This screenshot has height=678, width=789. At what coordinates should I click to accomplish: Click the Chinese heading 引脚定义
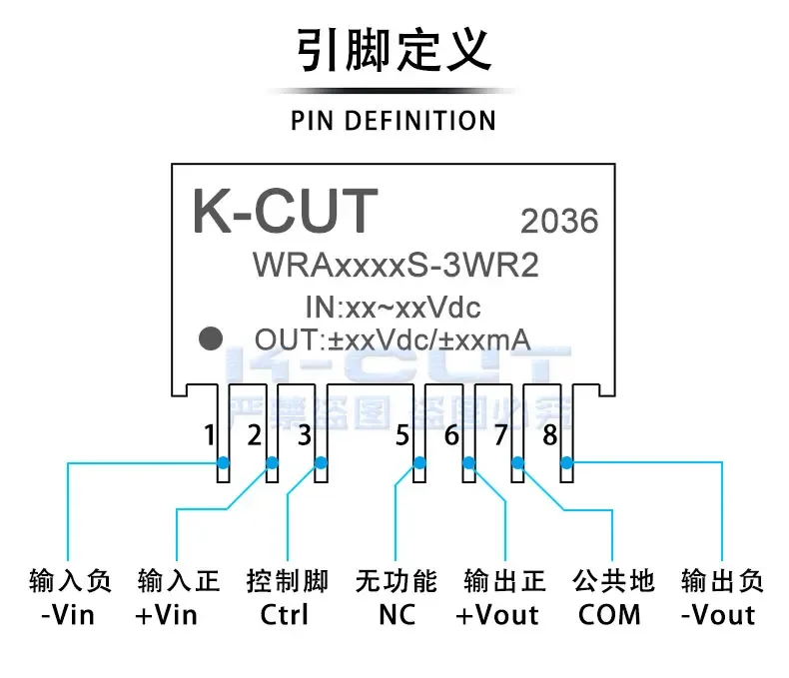394,50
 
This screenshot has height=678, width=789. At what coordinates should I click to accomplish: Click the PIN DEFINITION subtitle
394,121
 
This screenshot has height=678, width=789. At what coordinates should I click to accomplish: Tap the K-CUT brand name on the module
285,212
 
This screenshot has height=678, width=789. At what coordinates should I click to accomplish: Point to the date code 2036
559,221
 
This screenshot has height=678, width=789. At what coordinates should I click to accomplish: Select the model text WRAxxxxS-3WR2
394,266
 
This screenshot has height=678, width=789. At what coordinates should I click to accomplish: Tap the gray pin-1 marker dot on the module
210,339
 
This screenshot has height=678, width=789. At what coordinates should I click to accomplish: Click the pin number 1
209,435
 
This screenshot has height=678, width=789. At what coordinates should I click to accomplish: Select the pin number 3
305,435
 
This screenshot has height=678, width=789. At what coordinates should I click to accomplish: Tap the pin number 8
549,435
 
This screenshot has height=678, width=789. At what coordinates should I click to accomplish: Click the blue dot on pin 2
272,462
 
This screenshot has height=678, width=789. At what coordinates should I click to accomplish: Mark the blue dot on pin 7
517,462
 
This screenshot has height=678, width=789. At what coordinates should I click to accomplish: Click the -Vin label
69,614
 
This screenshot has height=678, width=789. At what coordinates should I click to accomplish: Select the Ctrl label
285,614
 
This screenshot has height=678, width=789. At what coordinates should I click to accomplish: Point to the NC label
396,614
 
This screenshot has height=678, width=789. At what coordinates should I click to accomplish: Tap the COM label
609,614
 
